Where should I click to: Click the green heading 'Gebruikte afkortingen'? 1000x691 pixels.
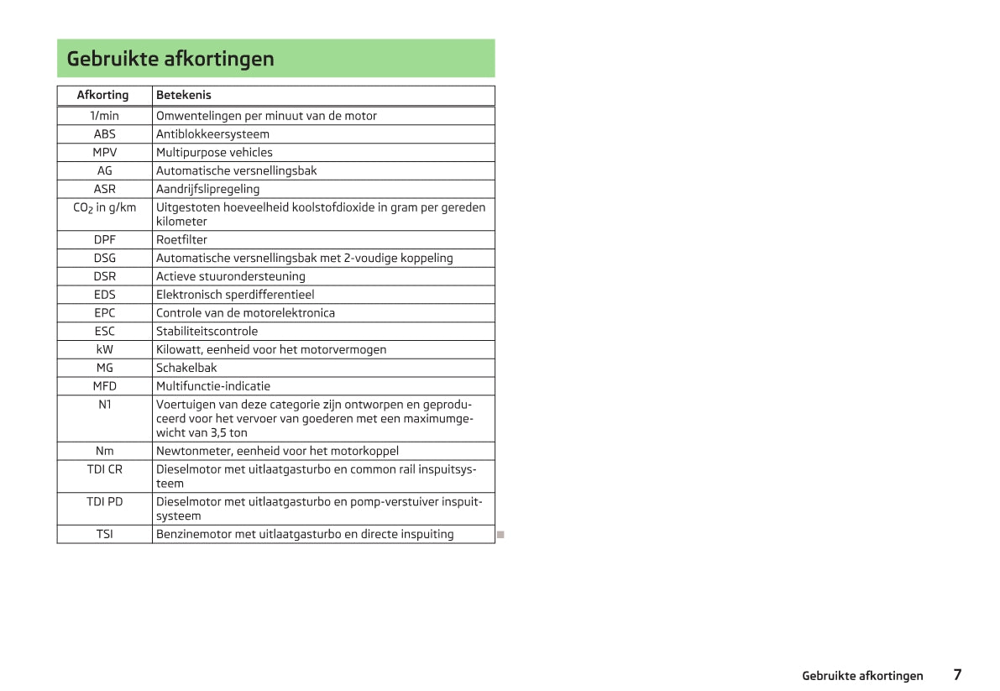(170, 59)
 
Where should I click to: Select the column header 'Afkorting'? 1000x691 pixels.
(103, 95)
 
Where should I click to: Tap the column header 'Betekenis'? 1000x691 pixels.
(184, 95)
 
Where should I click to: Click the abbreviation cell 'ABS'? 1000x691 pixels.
(105, 134)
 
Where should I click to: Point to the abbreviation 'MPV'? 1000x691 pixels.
(105, 153)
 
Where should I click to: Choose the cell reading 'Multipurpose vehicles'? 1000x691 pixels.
(214, 153)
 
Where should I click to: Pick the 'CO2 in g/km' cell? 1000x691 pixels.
(105, 207)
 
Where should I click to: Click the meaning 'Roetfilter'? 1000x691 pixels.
(181, 240)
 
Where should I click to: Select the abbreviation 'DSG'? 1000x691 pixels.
(105, 259)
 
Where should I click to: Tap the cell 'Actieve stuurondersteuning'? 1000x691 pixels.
(231, 276)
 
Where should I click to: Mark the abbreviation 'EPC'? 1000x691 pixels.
(105, 313)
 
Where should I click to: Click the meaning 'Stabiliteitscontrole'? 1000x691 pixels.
(207, 332)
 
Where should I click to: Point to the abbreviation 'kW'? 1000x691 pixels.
(105, 350)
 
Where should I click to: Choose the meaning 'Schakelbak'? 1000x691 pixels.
(186, 368)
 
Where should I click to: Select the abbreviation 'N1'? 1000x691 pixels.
(105, 405)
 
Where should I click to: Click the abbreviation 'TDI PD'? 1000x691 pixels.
(105, 502)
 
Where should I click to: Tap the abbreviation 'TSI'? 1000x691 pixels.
(105, 534)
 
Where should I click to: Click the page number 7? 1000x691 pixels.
(957, 675)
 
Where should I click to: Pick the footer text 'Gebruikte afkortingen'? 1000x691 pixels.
(862, 676)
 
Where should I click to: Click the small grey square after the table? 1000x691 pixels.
(500, 534)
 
